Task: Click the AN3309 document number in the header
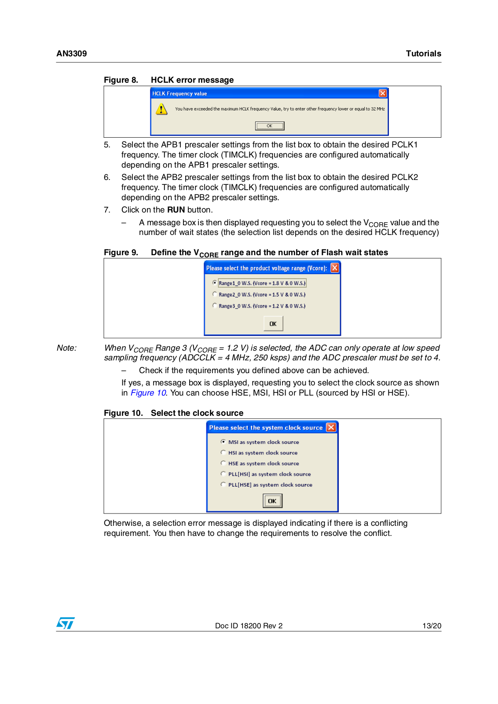(72, 54)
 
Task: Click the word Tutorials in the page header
(423, 54)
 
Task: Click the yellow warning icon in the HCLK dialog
(161, 109)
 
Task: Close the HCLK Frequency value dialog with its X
(383, 93)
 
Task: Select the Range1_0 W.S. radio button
(215, 283)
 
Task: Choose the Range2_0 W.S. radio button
(215, 294)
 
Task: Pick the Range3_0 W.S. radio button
(215, 306)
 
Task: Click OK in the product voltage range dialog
(273, 324)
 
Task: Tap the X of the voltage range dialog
(335, 268)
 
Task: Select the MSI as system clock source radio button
(223, 442)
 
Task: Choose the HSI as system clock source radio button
(223, 452)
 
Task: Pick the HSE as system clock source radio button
(223, 463)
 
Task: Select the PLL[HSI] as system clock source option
(223, 474)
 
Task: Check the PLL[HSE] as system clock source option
(223, 484)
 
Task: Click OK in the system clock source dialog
(272, 501)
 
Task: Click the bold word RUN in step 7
(176, 210)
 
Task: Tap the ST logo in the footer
(66, 623)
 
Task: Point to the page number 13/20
(432, 626)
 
